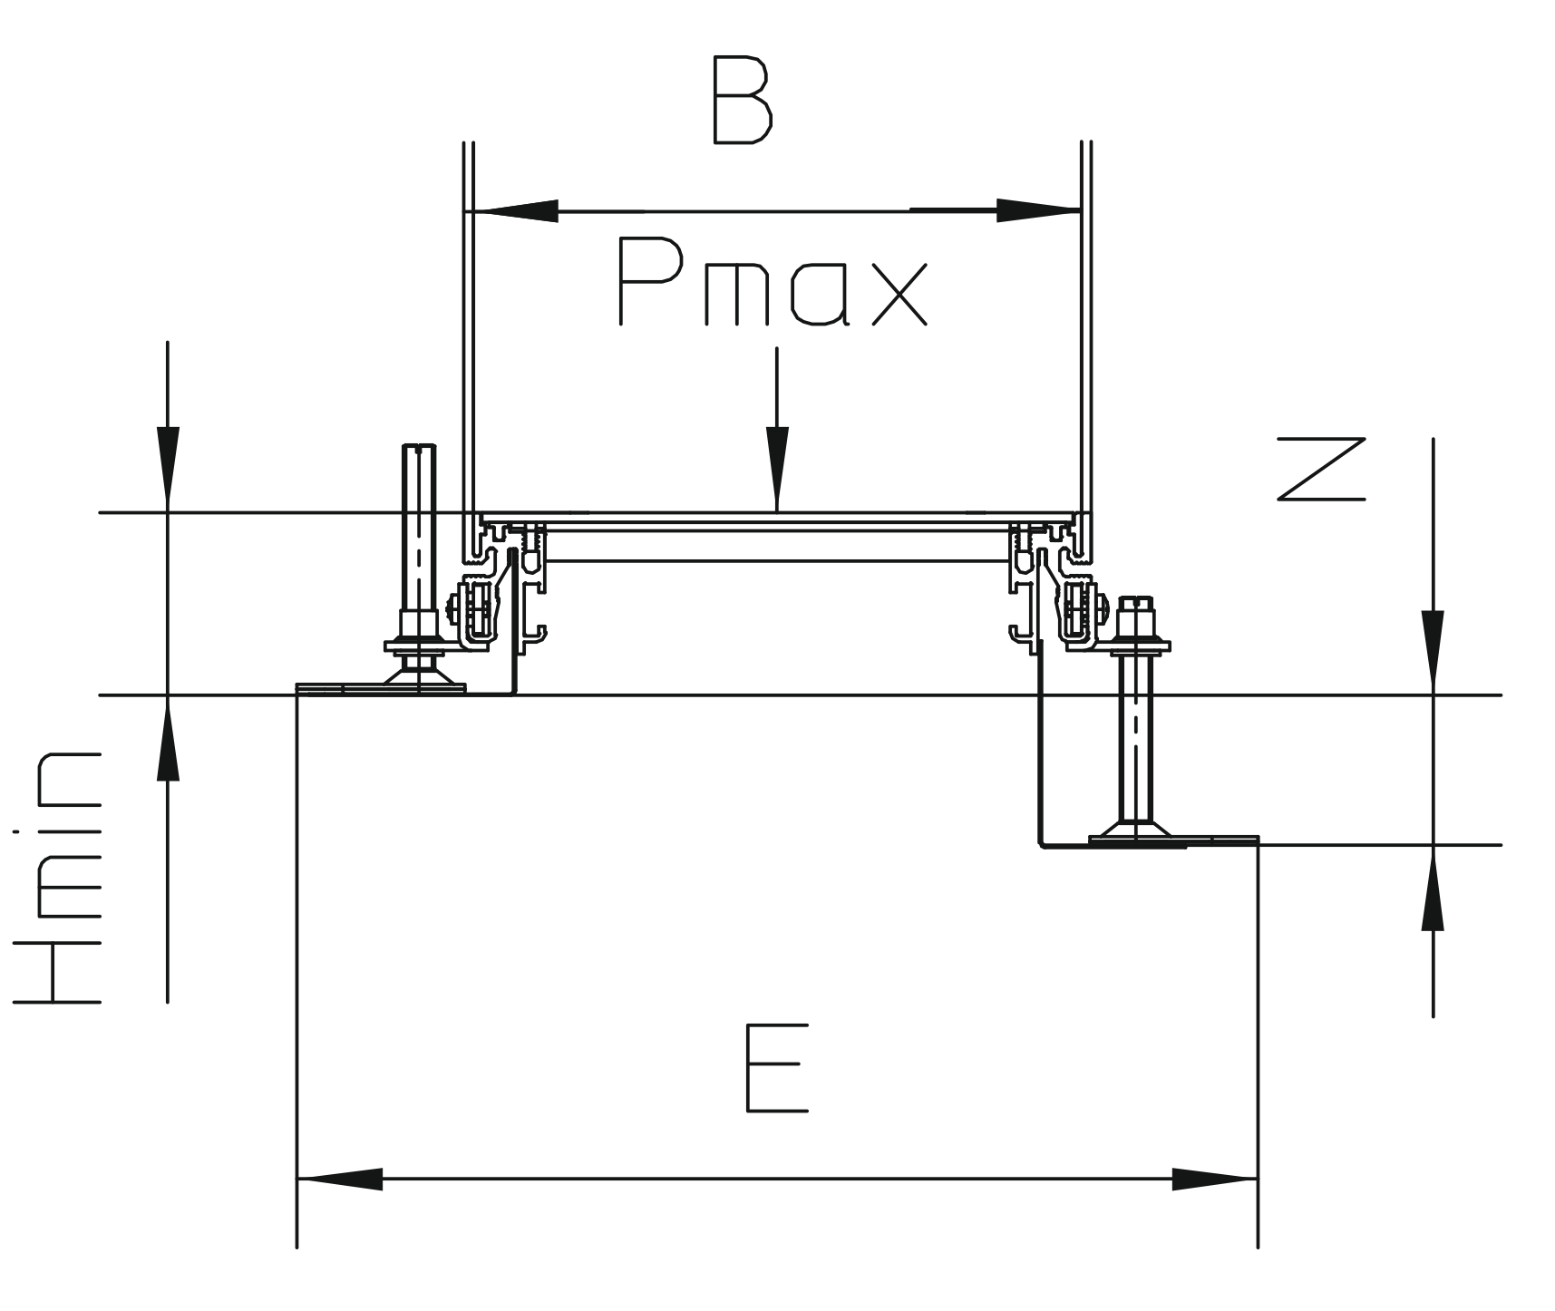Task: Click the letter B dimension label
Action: coord(742,101)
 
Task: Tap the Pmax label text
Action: coord(773,281)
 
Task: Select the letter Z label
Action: coord(1321,469)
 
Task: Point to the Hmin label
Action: coord(57,877)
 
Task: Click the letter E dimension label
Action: coord(775,1068)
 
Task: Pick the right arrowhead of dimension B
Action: coord(1037,211)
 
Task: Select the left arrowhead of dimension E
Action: coord(340,1180)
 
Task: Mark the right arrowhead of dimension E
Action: coord(1215,1180)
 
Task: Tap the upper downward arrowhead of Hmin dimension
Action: coord(168,468)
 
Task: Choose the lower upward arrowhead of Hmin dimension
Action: coord(168,740)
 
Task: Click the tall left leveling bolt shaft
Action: coord(418,526)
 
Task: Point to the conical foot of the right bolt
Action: coord(1134,829)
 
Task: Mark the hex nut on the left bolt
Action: coord(419,624)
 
